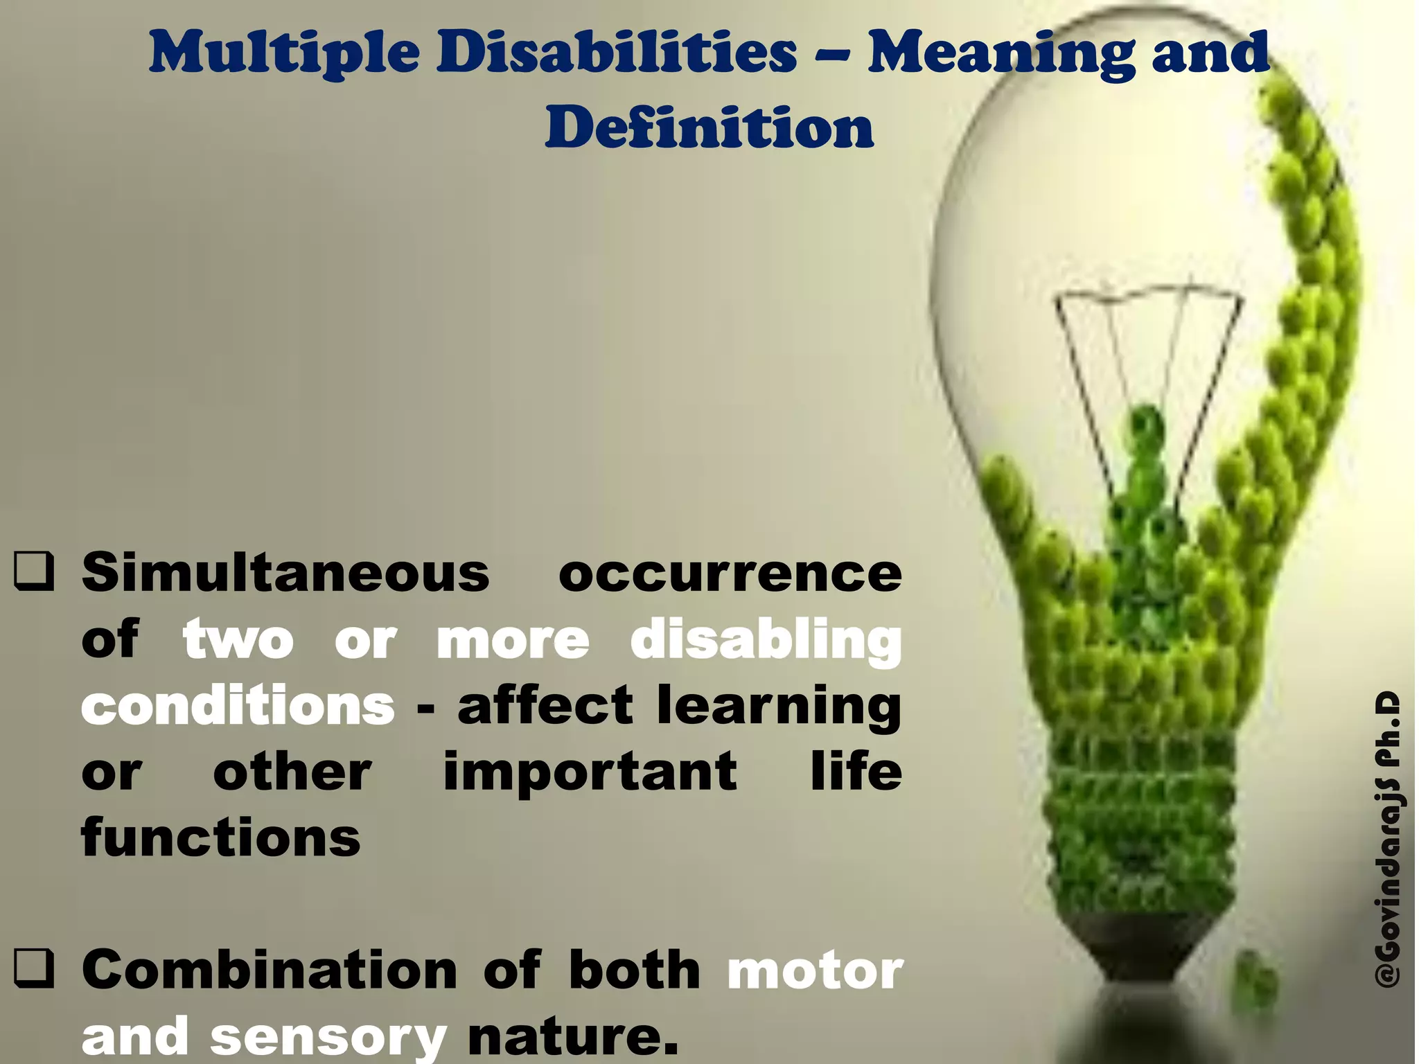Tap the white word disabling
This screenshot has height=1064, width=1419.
[766, 641]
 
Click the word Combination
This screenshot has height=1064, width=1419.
[270, 970]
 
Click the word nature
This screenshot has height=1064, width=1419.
[572, 1036]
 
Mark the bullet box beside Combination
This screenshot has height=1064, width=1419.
[33, 970]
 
